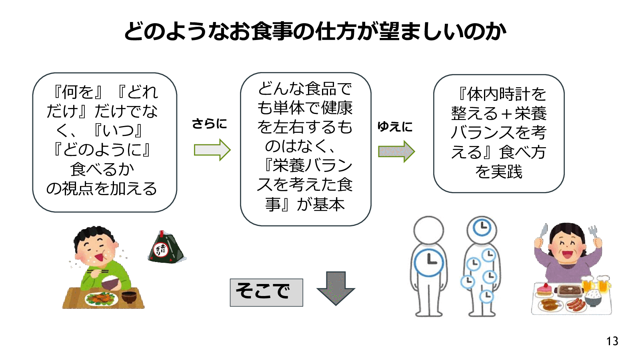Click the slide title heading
point(315,31)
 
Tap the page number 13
point(612,341)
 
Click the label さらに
point(209,124)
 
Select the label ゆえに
point(395,127)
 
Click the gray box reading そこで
point(266,292)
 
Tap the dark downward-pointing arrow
point(336,288)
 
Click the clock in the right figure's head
point(482,228)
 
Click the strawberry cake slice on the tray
point(544,289)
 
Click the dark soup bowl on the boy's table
point(129,297)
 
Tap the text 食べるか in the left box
point(102,169)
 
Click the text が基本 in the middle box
point(320,204)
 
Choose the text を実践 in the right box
point(499,172)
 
